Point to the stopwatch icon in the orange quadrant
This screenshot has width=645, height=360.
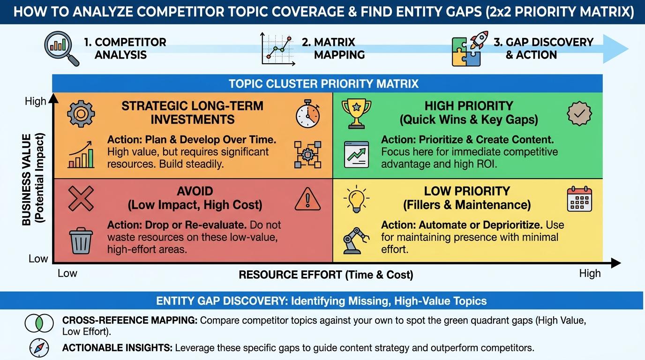pos(308,113)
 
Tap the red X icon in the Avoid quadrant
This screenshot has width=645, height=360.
pos(81,198)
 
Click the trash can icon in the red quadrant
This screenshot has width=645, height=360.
pos(81,240)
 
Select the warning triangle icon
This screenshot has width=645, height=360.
pos(307,199)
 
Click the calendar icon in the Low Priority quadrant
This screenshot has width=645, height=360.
pos(579,199)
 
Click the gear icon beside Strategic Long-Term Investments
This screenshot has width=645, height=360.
pos(81,113)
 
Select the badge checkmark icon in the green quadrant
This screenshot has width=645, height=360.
pos(579,113)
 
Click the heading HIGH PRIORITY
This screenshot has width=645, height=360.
pos(469,106)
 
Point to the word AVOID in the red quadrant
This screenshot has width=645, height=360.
pos(195,191)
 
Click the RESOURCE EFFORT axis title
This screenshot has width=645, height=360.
pos(326,275)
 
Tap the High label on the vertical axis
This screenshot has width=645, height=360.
pos(36,101)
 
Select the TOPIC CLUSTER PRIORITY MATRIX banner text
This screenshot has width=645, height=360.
pos(323,84)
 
